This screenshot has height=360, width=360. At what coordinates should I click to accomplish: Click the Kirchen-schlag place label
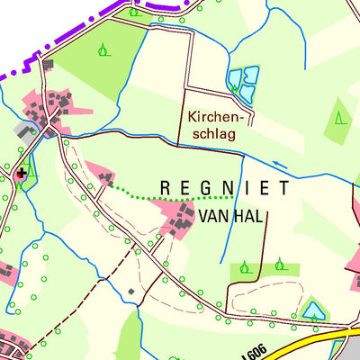(x=213, y=125)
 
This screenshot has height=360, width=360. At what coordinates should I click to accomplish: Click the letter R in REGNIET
(x=164, y=188)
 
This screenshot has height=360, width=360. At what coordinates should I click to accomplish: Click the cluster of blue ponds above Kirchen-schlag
(x=243, y=81)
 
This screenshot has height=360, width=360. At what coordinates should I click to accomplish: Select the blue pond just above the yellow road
(x=313, y=310)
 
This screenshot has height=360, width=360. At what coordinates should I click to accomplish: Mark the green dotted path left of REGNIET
(x=171, y=192)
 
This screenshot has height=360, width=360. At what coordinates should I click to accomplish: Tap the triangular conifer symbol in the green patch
(x=340, y=117)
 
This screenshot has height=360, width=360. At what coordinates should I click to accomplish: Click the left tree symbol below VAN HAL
(x=245, y=266)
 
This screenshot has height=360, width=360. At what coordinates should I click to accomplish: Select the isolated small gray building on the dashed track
(x=130, y=292)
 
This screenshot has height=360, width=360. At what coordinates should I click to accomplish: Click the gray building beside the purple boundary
(x=48, y=65)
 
